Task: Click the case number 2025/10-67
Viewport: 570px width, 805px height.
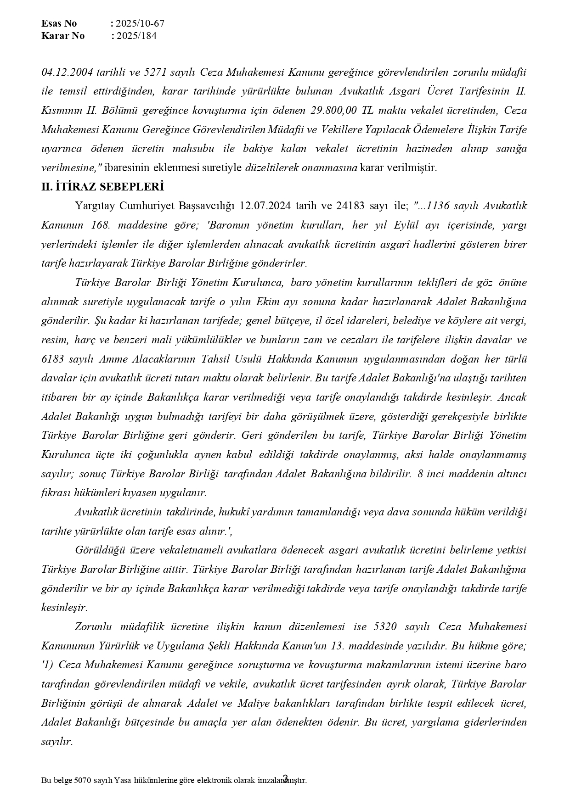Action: [x=140, y=23]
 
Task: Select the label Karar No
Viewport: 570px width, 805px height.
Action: [x=63, y=36]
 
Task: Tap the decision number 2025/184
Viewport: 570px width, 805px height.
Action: [x=136, y=36]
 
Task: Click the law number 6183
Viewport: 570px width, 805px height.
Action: [x=53, y=359]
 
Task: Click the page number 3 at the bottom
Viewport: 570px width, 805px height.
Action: [x=285, y=777]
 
